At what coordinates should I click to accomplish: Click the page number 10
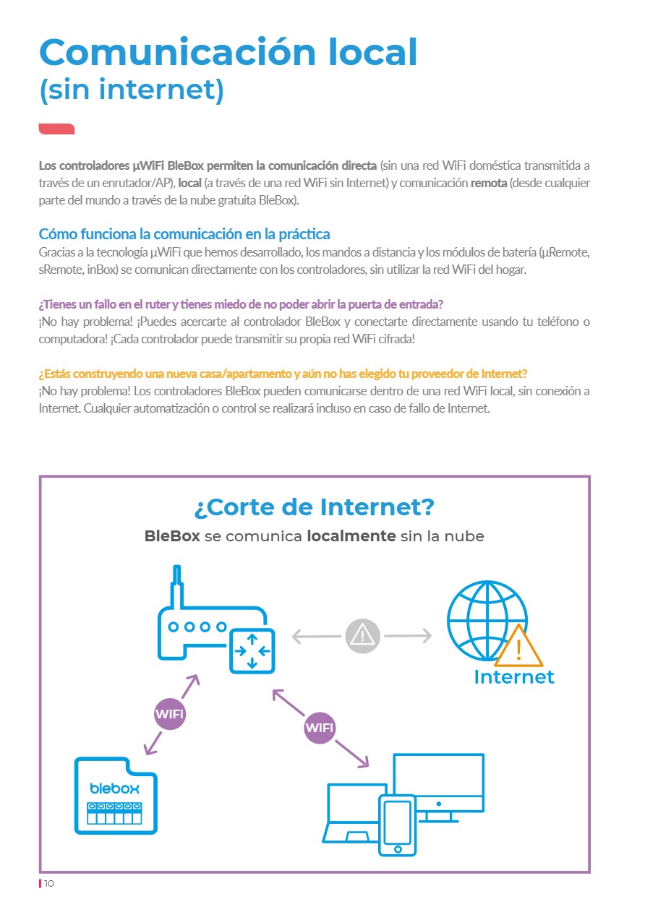(49, 884)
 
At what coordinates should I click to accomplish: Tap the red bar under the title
(56, 129)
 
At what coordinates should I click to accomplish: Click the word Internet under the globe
(513, 676)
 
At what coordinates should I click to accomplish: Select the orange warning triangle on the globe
(518, 647)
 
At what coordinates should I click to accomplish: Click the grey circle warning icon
(362, 636)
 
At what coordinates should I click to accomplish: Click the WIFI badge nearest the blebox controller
(170, 715)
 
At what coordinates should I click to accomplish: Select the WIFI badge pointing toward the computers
(320, 728)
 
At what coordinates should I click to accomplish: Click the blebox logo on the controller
(114, 787)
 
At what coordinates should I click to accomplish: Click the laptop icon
(351, 813)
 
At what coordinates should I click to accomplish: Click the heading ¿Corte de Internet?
(315, 507)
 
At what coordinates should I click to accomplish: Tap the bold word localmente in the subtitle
(351, 536)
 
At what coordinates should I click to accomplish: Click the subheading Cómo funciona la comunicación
(184, 234)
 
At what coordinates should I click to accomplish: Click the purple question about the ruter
(241, 304)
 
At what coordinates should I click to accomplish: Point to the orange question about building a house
(283, 374)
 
